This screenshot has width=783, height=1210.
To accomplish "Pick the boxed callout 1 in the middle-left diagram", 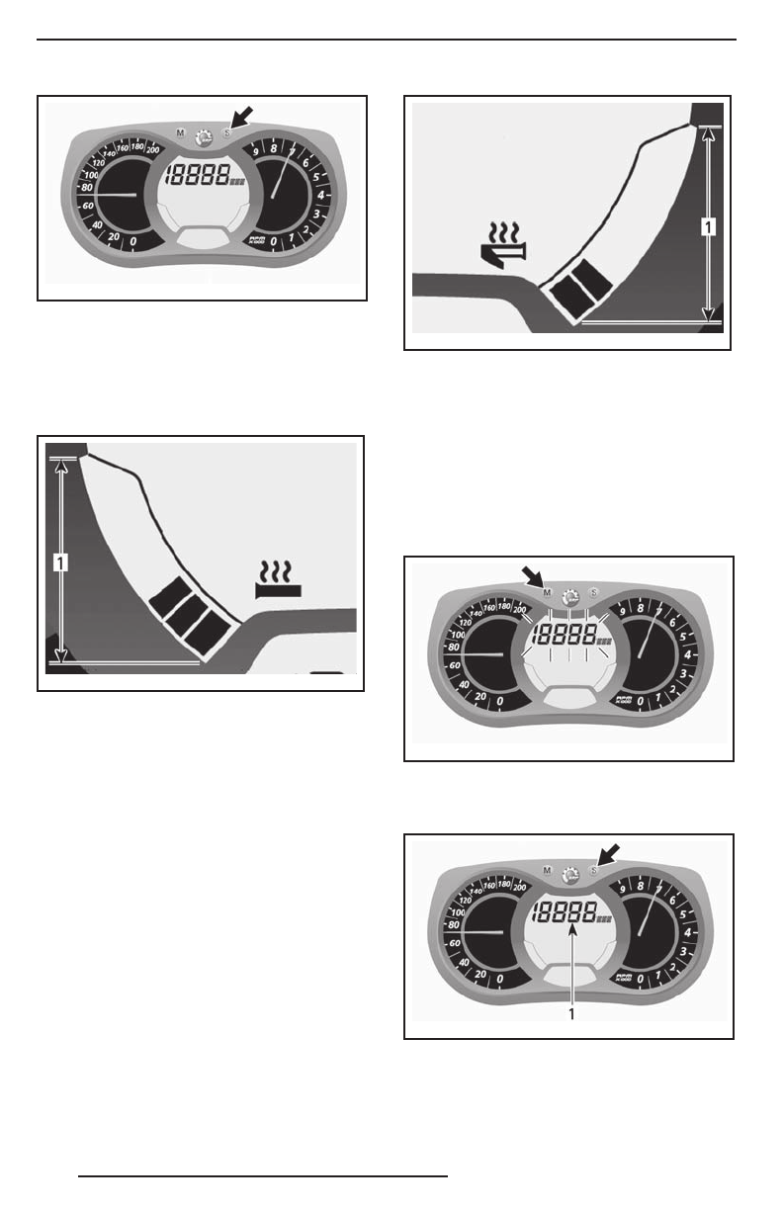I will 61,563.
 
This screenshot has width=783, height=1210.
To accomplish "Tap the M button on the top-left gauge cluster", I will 180,131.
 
